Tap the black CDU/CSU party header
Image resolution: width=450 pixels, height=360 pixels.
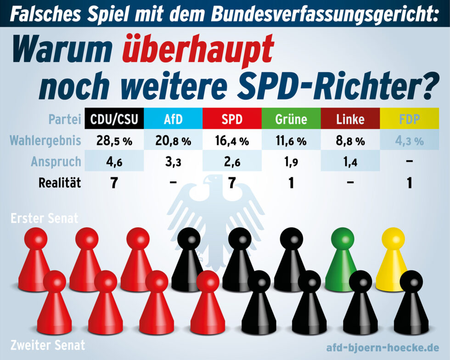(x=114, y=119)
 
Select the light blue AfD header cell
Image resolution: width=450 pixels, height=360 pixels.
(x=173, y=119)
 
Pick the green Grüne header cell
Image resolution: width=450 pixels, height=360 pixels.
(x=291, y=119)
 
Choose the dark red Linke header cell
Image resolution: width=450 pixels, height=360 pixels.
(x=350, y=119)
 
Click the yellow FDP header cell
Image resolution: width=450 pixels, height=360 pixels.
(x=409, y=119)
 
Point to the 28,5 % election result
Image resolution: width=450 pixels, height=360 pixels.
(x=114, y=141)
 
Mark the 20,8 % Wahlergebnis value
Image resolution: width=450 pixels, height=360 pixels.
(x=173, y=141)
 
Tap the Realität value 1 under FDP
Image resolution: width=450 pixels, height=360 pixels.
(x=409, y=183)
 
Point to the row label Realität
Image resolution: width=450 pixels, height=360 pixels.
(x=59, y=183)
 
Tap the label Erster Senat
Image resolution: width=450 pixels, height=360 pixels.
(x=45, y=219)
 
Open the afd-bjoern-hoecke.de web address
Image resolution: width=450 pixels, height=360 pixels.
(x=382, y=347)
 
